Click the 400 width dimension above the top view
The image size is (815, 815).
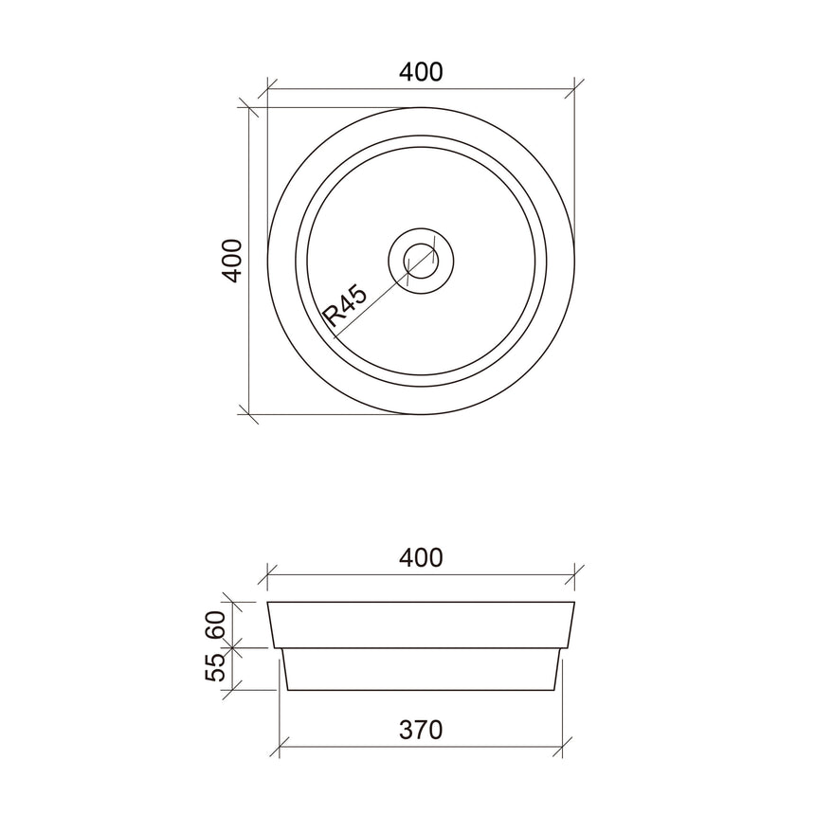(x=421, y=72)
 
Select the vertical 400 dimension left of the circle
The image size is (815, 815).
(x=232, y=260)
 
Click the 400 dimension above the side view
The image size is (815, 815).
(x=421, y=557)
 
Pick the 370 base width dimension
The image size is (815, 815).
(x=421, y=730)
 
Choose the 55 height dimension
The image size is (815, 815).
(x=215, y=667)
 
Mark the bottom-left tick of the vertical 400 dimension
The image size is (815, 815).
(x=250, y=414)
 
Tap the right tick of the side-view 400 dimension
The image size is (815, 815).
(x=574, y=574)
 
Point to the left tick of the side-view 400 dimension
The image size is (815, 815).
(x=268, y=574)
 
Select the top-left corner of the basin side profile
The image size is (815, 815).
(x=269, y=602)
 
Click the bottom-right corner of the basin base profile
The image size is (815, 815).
(x=555, y=690)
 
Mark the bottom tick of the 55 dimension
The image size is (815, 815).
(x=234, y=689)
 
